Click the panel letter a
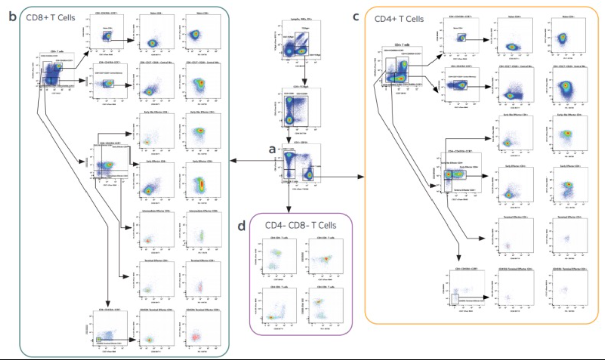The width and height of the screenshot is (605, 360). (x=273, y=150)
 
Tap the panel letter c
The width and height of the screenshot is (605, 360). (x=356, y=16)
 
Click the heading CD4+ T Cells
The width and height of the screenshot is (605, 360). (x=399, y=19)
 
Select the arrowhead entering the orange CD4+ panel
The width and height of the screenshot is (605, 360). (x=362, y=177)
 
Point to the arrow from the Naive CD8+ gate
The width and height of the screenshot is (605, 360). (x=124, y=39)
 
